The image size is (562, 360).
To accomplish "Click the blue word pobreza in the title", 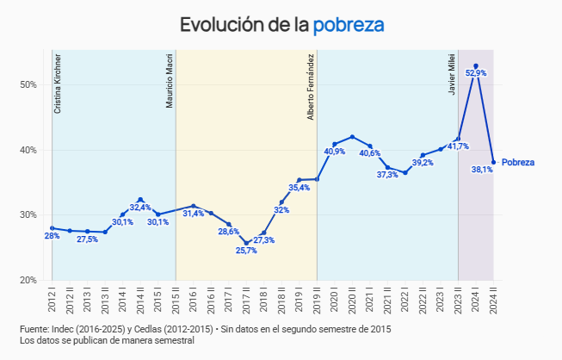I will [348, 25].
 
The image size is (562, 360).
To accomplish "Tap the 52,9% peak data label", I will [476, 73].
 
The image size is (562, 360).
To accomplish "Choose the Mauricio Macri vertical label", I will [170, 83].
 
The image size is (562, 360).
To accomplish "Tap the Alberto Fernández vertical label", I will [311, 87].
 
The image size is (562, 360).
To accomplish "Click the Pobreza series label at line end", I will [518, 162].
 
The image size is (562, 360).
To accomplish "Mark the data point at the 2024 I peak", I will [476, 65].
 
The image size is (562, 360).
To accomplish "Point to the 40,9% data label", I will [335, 152].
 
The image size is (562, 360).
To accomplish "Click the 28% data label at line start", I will [52, 236].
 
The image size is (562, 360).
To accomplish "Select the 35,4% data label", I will [300, 188].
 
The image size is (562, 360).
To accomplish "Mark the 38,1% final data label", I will [482, 170].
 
